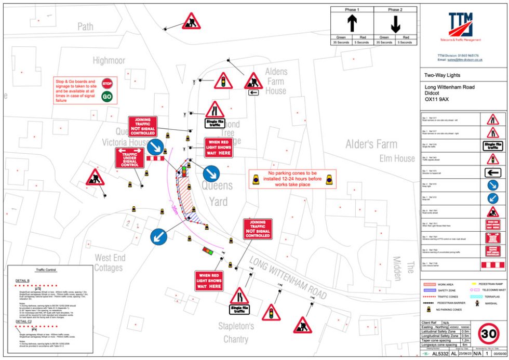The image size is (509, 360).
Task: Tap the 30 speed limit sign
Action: pos(489,334)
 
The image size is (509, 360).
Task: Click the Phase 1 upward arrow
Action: pos(352,24)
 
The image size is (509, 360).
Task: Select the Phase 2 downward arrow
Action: pos(395,24)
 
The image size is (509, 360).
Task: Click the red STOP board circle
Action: pos(107,83)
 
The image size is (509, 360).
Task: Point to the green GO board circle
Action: pos(107,96)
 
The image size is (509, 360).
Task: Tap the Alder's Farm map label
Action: pos(372,144)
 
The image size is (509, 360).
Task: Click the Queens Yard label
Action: pos(218,193)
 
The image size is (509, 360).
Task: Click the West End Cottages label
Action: pos(109,263)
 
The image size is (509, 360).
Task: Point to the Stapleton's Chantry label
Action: pos(236,333)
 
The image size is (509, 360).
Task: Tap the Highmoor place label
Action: pos(109,61)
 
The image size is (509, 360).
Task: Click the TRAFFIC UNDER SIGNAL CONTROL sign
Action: pos(129,157)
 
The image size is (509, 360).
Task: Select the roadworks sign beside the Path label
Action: pos(191,22)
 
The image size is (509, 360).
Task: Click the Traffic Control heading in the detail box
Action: pos(45,270)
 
